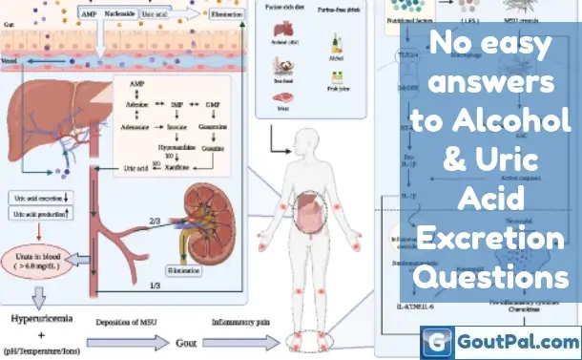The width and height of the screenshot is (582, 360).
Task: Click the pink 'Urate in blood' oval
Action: [42, 259]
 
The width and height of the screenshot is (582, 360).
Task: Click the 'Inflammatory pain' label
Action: [237, 320]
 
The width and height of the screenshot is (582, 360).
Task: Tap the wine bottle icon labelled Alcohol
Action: [334, 43]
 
